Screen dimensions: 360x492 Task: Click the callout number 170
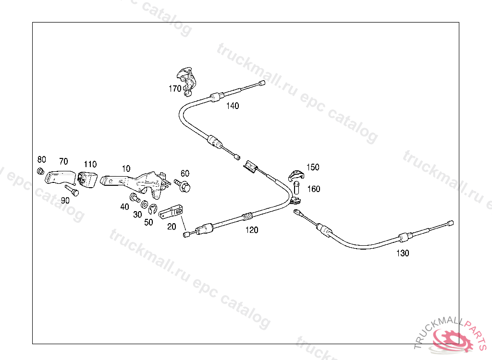(x=174, y=88)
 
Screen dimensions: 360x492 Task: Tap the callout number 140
(x=233, y=106)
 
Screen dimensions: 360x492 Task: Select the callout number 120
(x=252, y=230)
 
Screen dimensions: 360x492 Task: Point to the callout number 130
(x=403, y=253)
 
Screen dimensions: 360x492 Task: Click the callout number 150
(x=313, y=167)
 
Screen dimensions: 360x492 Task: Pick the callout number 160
(x=313, y=189)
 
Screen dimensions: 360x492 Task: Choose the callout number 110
(x=90, y=164)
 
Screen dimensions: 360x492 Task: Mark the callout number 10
(x=126, y=168)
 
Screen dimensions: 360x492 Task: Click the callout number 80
(x=42, y=159)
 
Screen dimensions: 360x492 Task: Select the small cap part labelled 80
(x=41, y=171)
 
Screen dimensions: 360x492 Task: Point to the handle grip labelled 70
(x=59, y=177)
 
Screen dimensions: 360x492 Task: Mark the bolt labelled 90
(x=72, y=191)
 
